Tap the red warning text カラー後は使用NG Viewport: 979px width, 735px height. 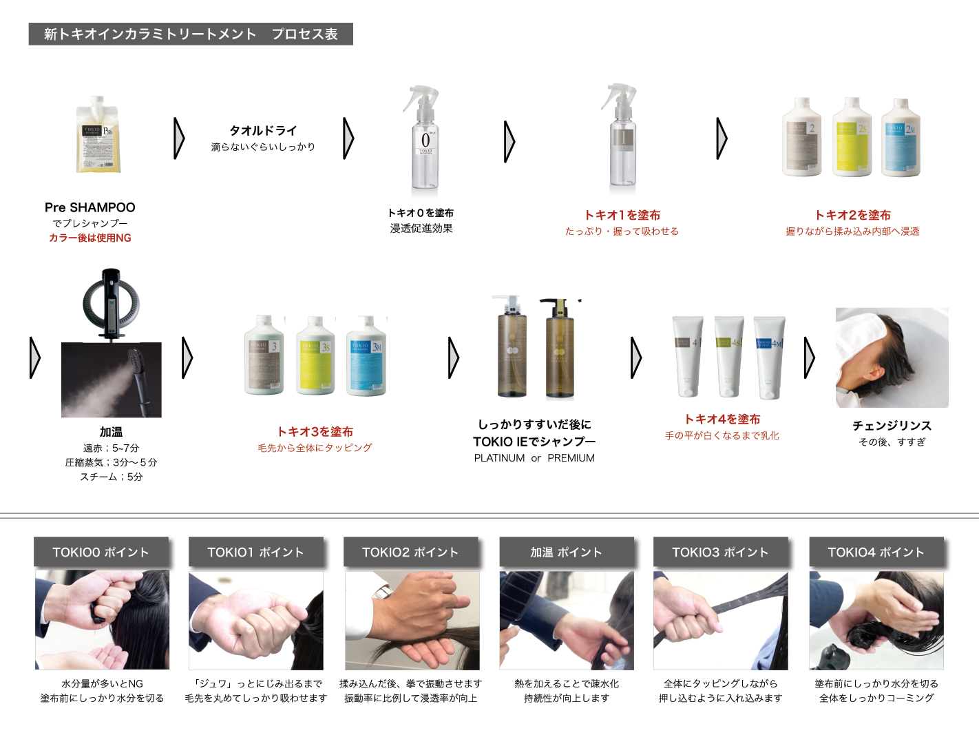click(90, 238)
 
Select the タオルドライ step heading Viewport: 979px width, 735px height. click(263, 130)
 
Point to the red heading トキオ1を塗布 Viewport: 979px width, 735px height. click(622, 215)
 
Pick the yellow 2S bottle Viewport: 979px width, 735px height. click(852, 137)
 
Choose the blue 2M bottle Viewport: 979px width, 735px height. click(901, 138)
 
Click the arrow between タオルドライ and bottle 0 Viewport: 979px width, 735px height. click(348, 138)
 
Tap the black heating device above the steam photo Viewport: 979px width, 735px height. click(111, 302)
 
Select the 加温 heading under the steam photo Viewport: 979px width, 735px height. click(111, 432)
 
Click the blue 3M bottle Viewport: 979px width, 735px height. click(366, 356)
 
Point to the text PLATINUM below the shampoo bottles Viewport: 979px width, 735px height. click(499, 458)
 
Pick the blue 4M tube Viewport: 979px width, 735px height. click(769, 357)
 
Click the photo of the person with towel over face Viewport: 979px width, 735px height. click(892, 358)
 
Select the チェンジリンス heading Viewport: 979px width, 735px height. click(892, 426)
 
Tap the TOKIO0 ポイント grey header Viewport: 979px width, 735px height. click(101, 552)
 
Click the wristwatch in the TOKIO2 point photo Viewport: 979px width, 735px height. click(382, 591)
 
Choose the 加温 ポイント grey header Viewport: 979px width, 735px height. click(566, 552)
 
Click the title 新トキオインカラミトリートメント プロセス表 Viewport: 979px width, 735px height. click(191, 34)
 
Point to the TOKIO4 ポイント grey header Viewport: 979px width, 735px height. click(876, 552)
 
